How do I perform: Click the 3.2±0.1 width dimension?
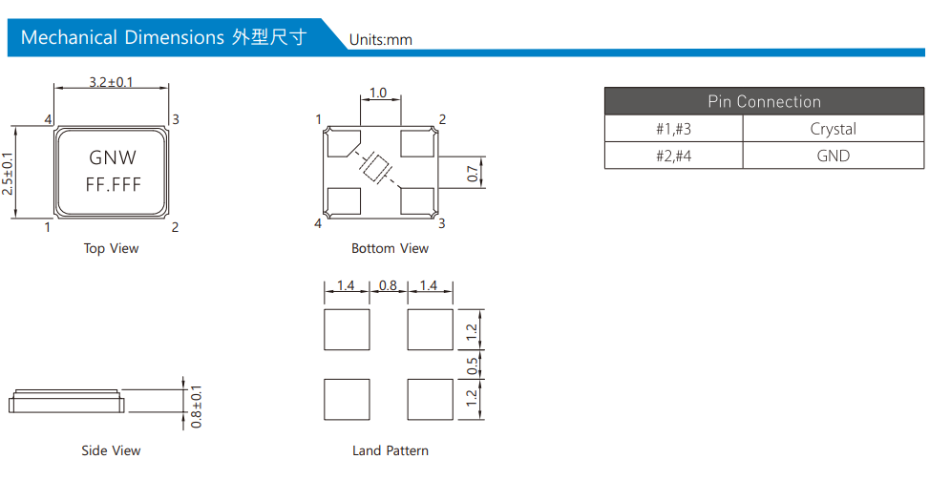[111, 82]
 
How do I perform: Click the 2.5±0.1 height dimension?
[7, 174]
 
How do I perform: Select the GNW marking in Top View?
[113, 157]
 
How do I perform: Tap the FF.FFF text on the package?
[114, 185]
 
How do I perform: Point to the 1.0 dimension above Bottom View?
[378, 93]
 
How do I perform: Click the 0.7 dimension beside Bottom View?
[473, 174]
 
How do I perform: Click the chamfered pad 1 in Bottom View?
[344, 143]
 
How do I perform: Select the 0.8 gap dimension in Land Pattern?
[388, 285]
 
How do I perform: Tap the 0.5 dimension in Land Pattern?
[473, 365]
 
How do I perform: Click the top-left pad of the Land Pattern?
[347, 329]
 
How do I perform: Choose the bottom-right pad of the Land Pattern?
[431, 400]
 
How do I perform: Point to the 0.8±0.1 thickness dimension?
[196, 407]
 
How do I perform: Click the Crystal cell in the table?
[833, 129]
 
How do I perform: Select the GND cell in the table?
[833, 156]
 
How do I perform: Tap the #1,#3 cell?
[674, 129]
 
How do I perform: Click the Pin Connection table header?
[764, 101]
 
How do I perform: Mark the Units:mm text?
[380, 40]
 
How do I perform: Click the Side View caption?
[111, 450]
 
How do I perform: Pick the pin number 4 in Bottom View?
[318, 223]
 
